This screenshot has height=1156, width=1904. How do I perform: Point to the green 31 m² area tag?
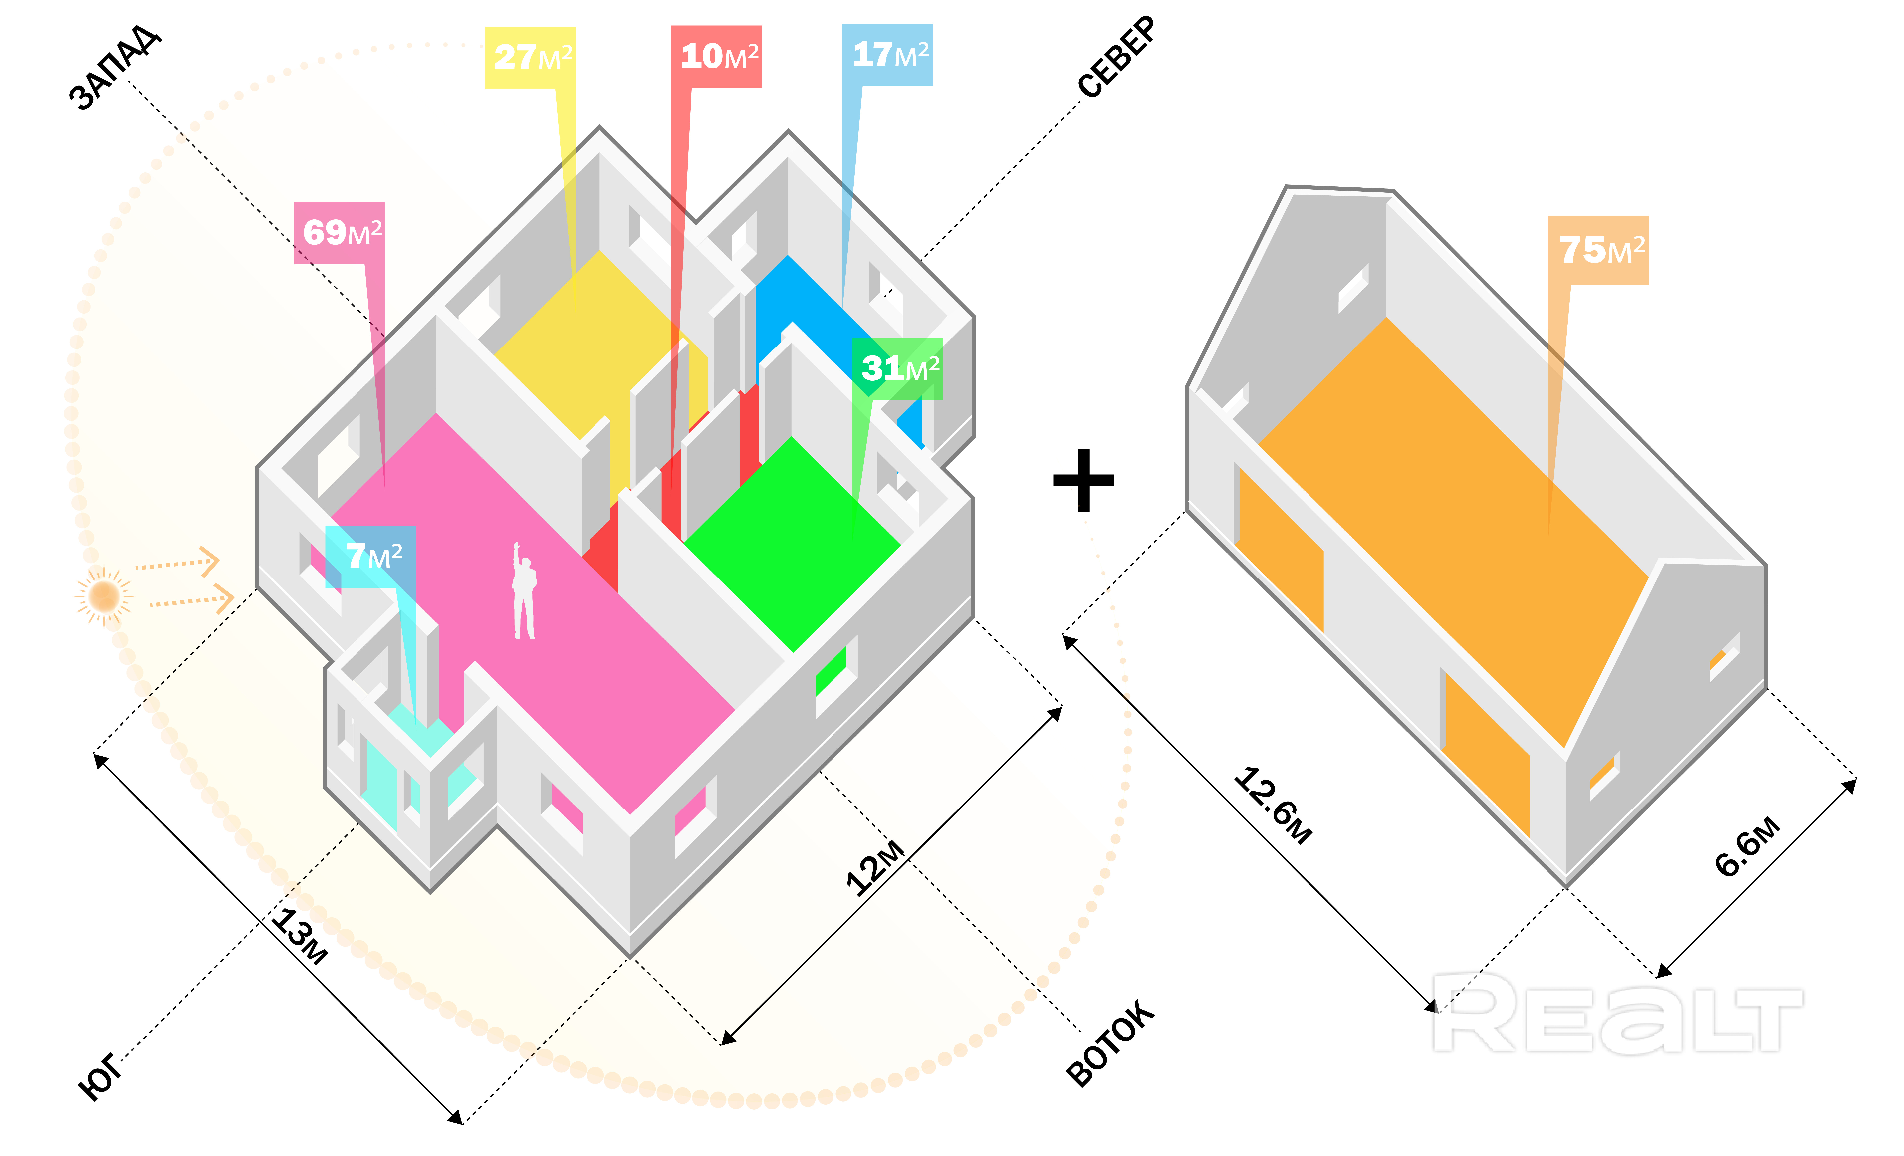pyautogui.click(x=898, y=369)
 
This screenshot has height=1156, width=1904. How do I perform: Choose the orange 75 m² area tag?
pyautogui.click(x=1598, y=250)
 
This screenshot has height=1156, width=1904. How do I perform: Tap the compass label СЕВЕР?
pyautogui.click(x=1117, y=58)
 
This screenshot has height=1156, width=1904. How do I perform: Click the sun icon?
pyautogui.click(x=104, y=596)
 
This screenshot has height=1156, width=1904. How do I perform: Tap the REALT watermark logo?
pyautogui.click(x=1615, y=1014)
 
